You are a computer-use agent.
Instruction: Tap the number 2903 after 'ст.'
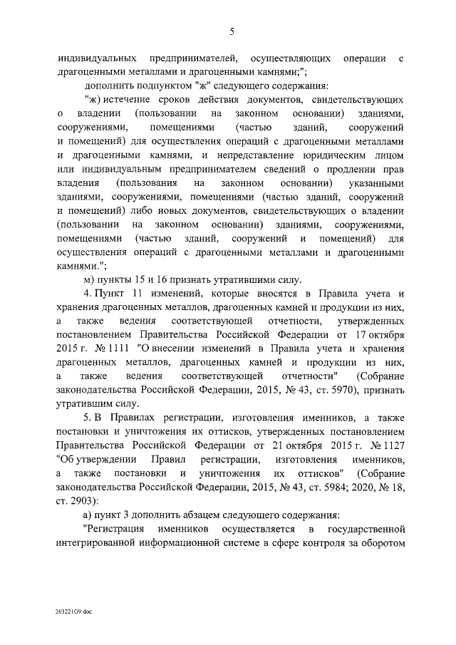76,500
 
